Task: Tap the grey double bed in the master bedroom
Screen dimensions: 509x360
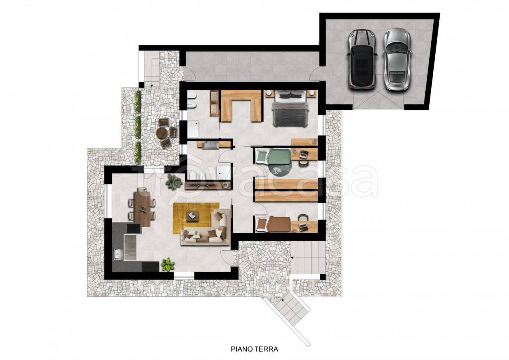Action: (x=290, y=109)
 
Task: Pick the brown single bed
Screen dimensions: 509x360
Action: (x=273, y=224)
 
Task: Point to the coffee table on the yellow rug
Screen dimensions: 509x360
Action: (x=193, y=215)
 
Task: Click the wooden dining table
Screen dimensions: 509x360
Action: (x=142, y=207)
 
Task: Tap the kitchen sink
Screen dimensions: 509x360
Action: (x=118, y=254)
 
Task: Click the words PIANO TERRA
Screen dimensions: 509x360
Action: (x=254, y=349)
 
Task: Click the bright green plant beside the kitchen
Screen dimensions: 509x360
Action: (x=168, y=264)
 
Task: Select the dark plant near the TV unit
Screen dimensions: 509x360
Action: (x=172, y=182)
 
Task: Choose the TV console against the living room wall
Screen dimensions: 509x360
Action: (x=208, y=185)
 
